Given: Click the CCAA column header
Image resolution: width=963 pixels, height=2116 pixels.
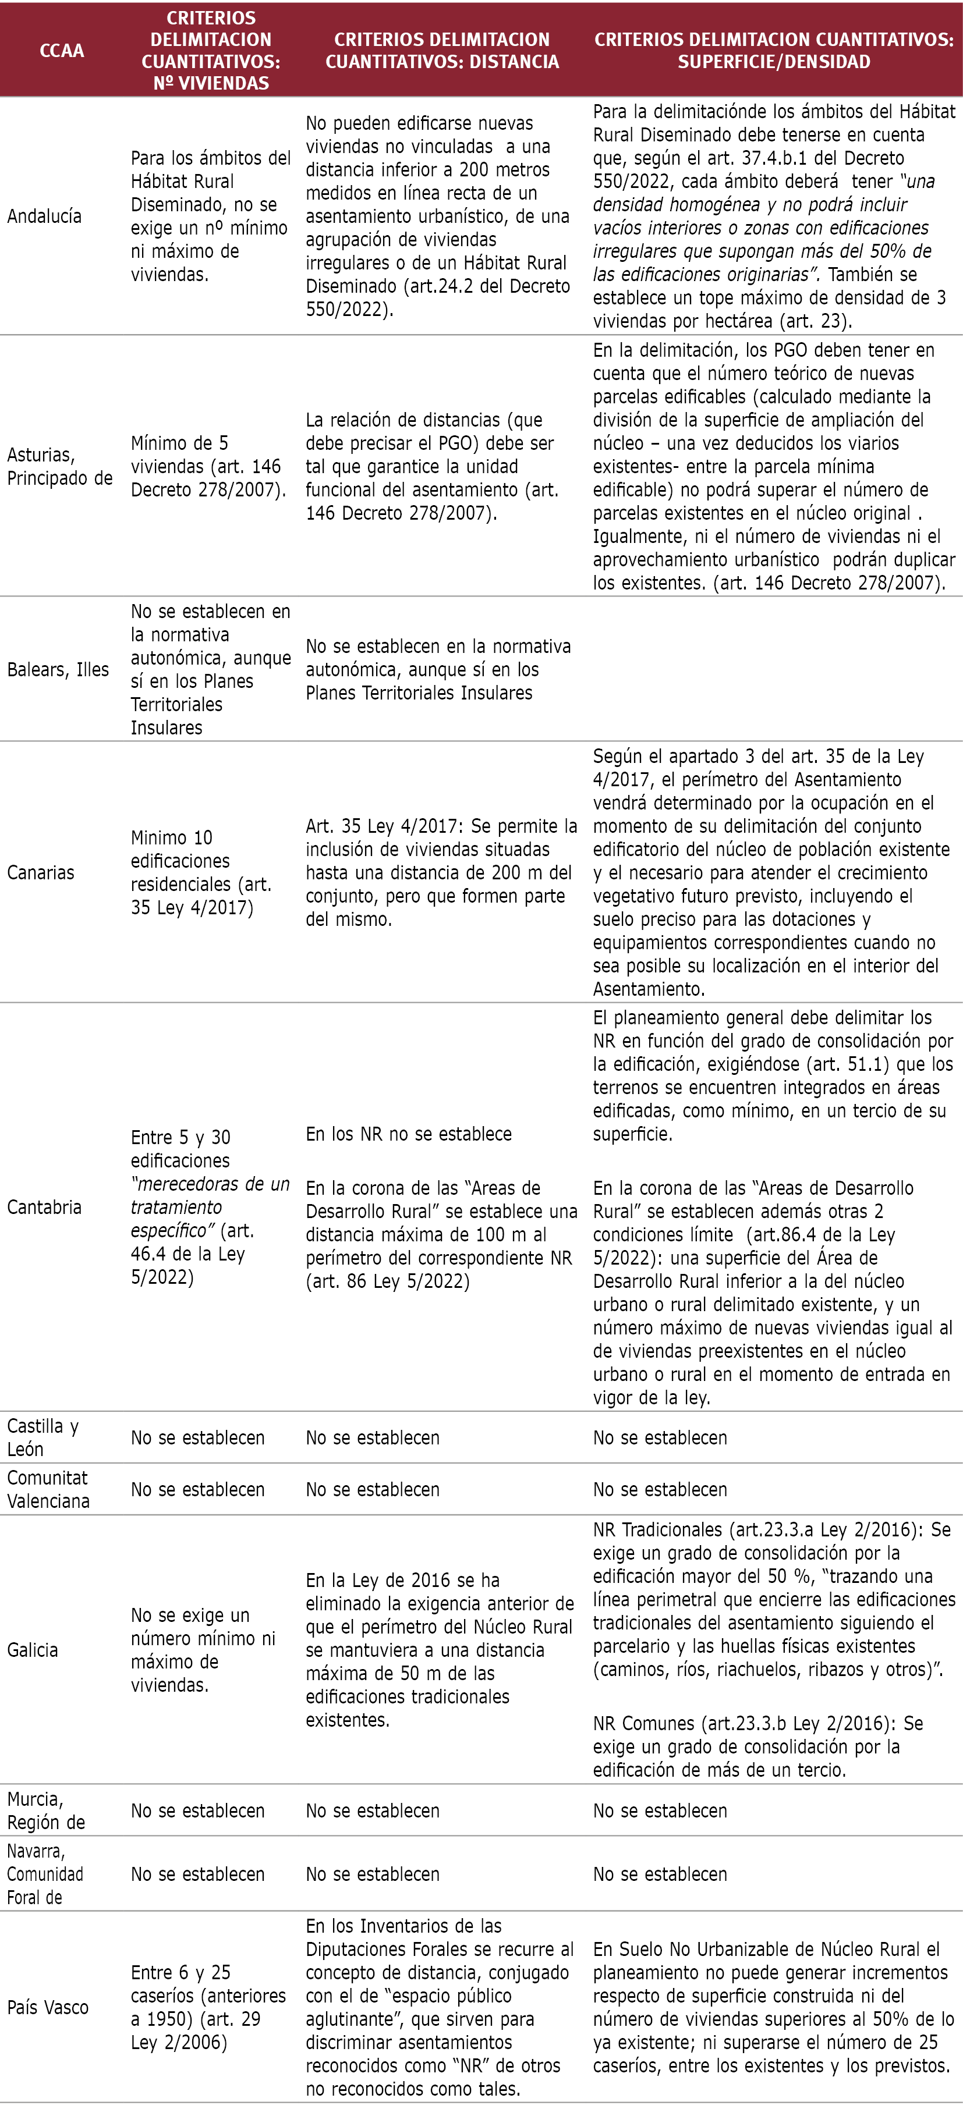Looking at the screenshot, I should coord(62,50).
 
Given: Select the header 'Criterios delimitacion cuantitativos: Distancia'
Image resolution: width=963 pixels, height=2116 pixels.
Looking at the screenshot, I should coord(442,50).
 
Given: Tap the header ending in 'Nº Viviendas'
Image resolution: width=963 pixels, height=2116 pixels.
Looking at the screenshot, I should coord(211,50).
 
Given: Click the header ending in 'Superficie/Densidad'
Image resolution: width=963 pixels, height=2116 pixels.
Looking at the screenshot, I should coord(774,50).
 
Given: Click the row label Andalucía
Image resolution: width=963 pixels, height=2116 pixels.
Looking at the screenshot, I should coord(44,216).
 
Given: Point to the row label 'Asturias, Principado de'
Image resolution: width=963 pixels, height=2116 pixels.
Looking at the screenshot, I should coord(59,466).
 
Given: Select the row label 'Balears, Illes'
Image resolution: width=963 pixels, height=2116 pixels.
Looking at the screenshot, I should coord(58,669).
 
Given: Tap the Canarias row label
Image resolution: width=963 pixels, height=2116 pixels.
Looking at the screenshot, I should coord(40,872).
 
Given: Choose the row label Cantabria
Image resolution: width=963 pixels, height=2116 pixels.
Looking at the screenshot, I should coord(44,1206).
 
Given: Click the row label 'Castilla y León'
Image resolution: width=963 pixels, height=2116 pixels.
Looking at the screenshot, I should coord(43,1437).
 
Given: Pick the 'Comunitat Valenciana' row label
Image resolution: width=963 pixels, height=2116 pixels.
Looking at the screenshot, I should coord(48,1489).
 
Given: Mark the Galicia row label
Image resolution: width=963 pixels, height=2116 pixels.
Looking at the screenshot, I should coord(33,1649).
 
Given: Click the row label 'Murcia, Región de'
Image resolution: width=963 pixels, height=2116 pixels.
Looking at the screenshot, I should coord(46,1810).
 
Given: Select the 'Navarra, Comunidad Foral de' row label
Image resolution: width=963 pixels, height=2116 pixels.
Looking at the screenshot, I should coord(46,1874).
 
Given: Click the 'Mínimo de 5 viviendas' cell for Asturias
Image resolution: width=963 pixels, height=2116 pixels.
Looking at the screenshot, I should coord(208,466).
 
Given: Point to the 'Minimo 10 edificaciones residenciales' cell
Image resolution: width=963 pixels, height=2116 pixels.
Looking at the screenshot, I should coord(201,872).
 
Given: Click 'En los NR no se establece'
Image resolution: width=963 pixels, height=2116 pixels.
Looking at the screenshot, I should coord(408,1134).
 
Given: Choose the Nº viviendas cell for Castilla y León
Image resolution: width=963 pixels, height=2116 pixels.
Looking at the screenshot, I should coord(197,1437).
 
